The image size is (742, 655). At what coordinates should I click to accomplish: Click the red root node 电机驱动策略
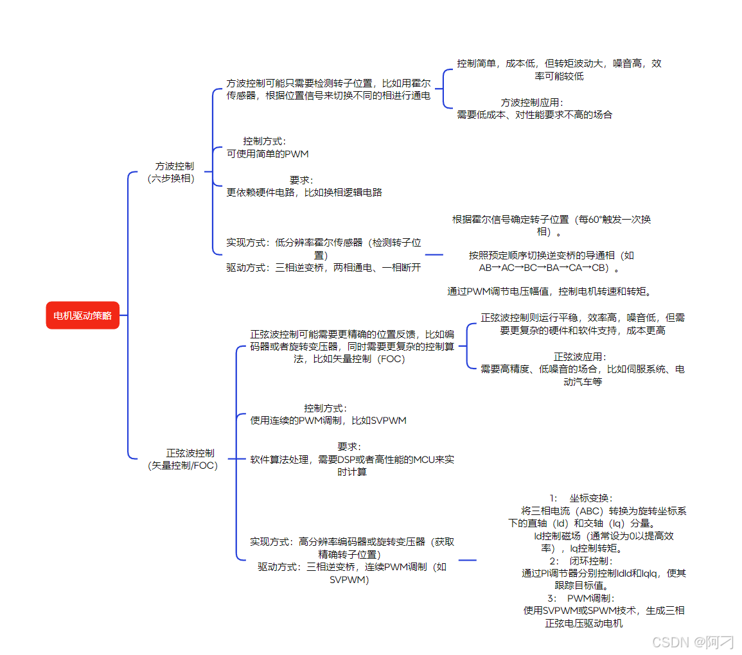point(82,315)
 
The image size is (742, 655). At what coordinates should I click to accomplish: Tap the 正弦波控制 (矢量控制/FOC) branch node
point(183,459)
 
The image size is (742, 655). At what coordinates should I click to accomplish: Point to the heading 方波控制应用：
point(533,102)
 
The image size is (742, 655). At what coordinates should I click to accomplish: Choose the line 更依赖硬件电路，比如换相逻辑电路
point(304,192)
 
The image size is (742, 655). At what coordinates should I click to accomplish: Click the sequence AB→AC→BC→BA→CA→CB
point(551,268)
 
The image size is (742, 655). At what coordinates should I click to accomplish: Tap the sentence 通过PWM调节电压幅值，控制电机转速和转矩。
point(551,292)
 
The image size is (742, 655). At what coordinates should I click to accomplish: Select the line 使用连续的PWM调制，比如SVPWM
point(328,421)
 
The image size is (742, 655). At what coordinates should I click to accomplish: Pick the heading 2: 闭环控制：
point(581,561)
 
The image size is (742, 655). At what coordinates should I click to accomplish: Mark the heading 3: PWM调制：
point(581,598)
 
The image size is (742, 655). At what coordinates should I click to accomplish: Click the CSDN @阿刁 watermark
point(693,642)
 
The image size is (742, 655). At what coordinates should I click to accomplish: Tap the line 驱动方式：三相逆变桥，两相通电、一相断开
point(323,267)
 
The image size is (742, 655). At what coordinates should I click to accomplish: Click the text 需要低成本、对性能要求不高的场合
point(534,115)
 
